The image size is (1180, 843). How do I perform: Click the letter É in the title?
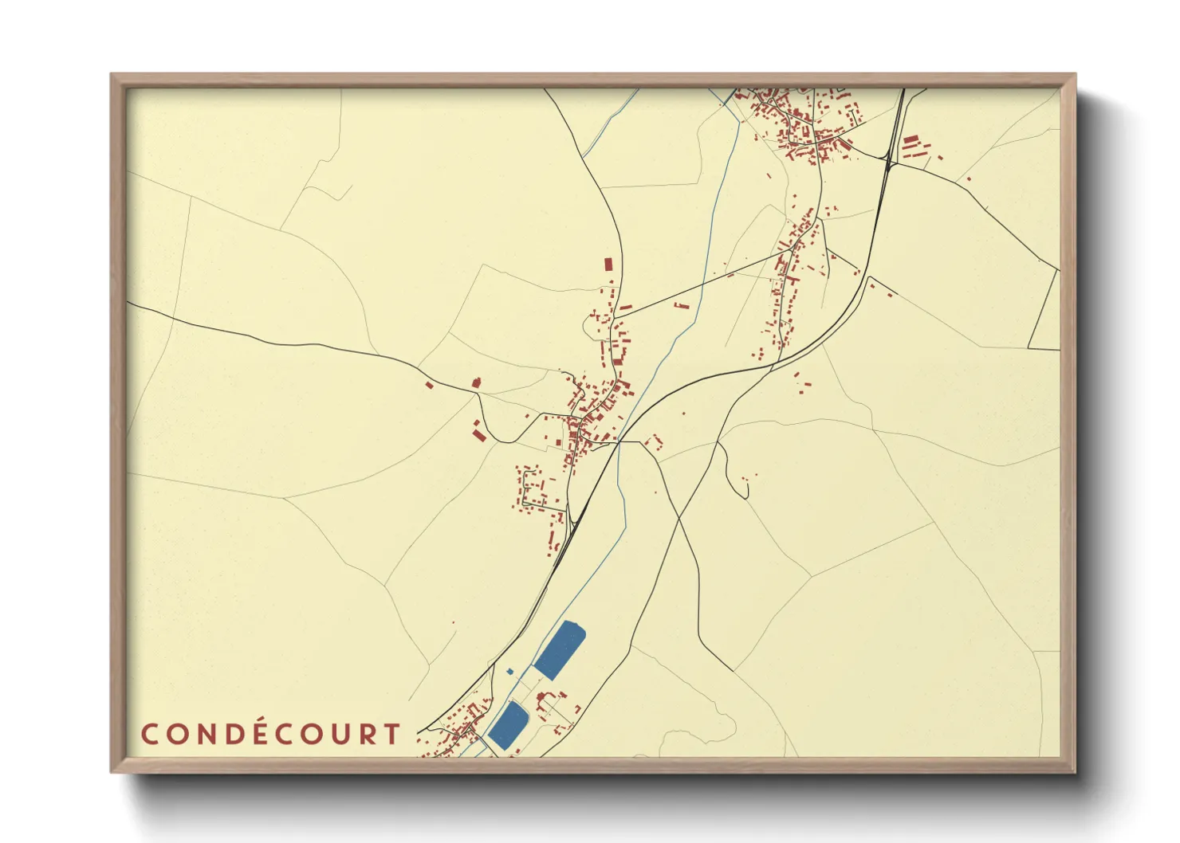pos(262,734)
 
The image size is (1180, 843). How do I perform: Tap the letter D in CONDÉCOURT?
pos(232,734)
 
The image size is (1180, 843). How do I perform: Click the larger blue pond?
pos(560,650)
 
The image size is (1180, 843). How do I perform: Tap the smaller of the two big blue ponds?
pos(509,724)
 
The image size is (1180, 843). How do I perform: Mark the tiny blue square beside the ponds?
pos(510,672)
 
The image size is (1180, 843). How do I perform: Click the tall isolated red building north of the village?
pos(608,265)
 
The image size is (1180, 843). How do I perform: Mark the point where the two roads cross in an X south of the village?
pos(678,519)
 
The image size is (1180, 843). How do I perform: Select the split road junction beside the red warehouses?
pos(889,163)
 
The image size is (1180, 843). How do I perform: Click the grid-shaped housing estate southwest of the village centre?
pos(534,488)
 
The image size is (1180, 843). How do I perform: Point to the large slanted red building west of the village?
pos(478,434)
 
